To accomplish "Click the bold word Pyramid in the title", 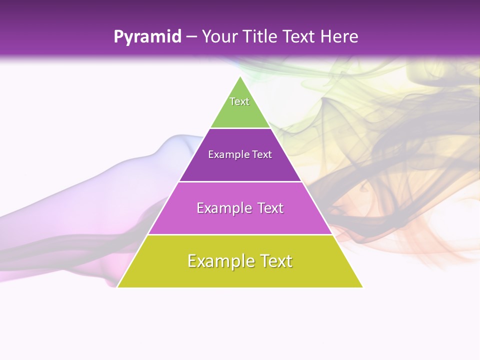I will (147, 37).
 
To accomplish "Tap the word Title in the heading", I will (260, 37).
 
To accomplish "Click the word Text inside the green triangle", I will (239, 101).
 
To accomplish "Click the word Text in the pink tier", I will (267, 208).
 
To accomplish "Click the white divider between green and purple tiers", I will (240, 128).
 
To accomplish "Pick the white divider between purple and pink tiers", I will (240, 181).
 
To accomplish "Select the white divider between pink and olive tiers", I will (240, 234).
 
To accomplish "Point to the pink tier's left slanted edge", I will (163, 208).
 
